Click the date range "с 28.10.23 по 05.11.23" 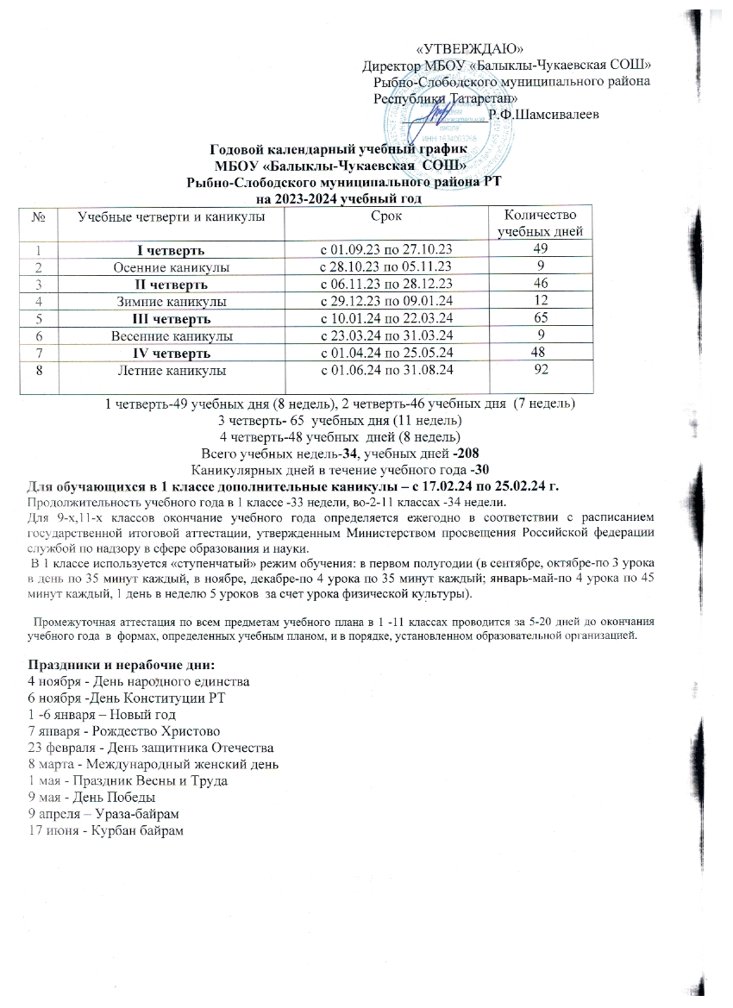[x=385, y=268]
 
